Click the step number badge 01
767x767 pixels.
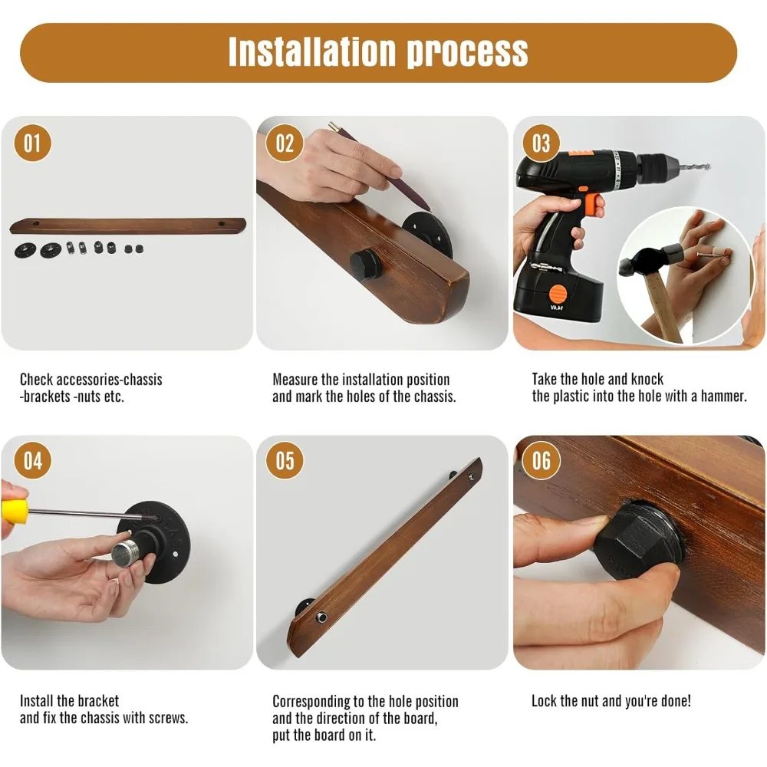pyautogui.click(x=32, y=143)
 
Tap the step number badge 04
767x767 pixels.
pyautogui.click(x=32, y=461)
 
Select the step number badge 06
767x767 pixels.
pyautogui.click(x=542, y=461)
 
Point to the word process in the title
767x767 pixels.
pyautogui.click(x=468, y=53)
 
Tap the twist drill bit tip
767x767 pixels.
pyautogui.click(x=708, y=166)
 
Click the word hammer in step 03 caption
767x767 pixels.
pyautogui.click(x=723, y=396)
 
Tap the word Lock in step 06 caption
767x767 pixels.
pyautogui.click(x=544, y=701)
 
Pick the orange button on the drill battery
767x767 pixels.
pyautogui.click(x=558, y=295)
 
